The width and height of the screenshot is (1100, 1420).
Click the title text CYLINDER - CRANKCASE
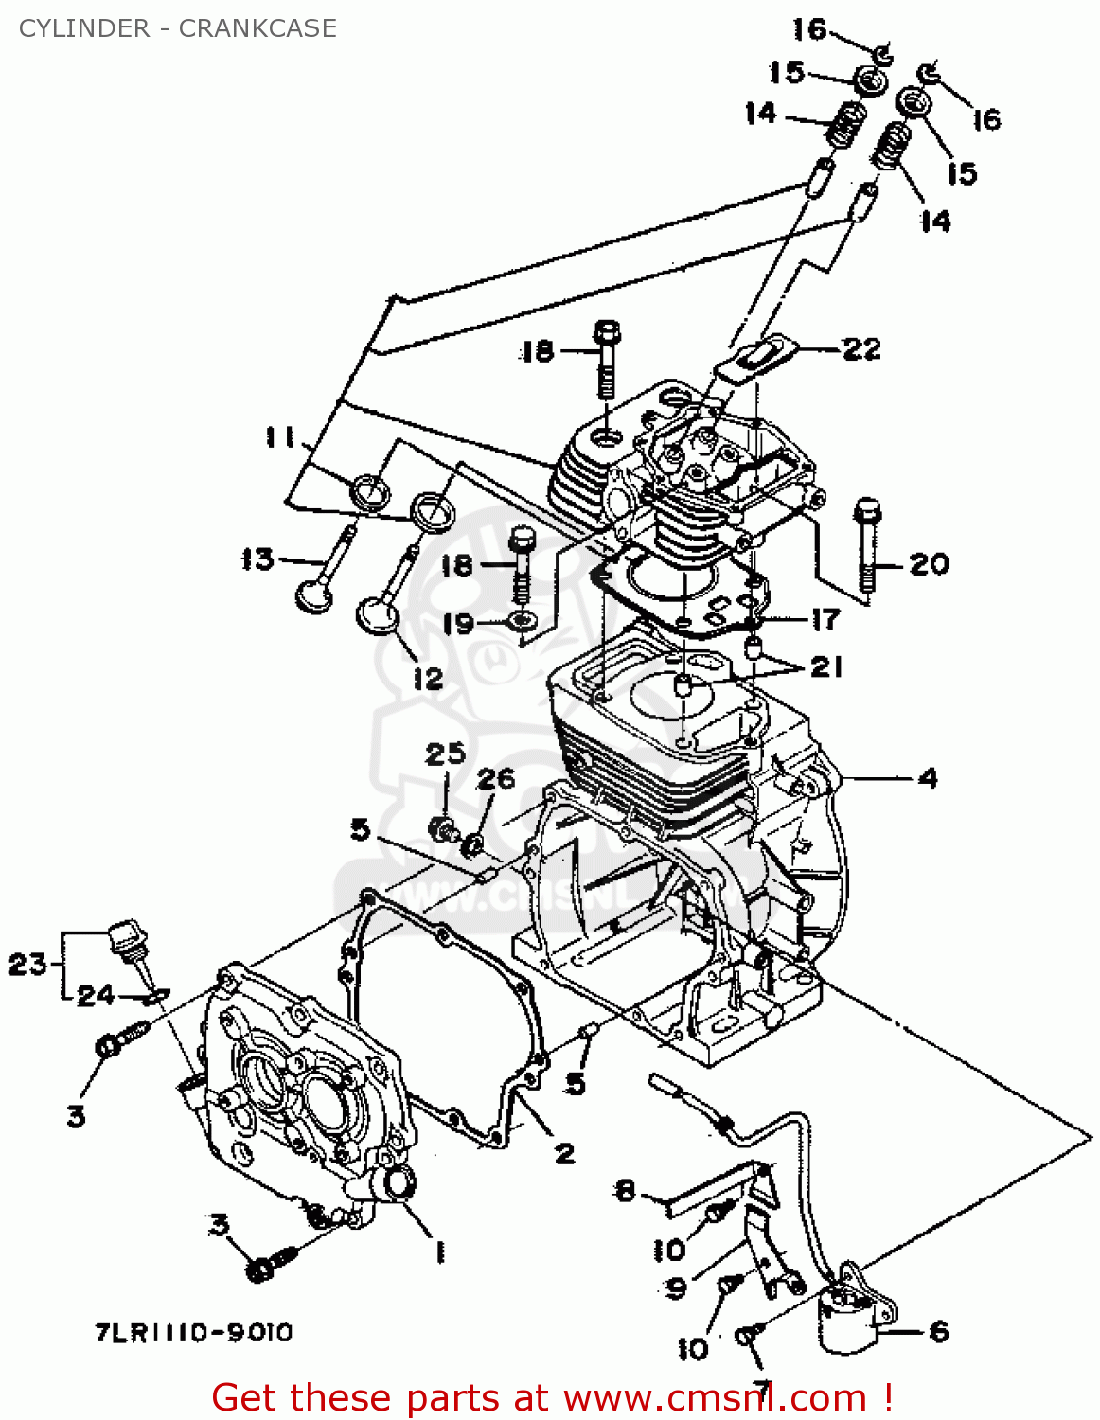(177, 28)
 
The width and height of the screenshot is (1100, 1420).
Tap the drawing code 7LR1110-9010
(193, 1333)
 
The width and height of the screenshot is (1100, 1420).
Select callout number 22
(860, 348)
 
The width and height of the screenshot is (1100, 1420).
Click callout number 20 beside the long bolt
(929, 564)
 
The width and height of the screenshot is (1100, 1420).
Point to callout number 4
(928, 778)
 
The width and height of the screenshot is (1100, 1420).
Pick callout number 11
(279, 437)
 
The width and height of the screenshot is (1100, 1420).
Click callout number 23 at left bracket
(27, 965)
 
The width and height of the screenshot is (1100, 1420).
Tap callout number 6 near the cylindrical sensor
(938, 1332)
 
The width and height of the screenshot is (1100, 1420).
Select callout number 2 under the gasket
(564, 1153)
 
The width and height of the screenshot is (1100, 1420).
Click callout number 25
(445, 754)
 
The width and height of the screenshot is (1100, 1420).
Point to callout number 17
(825, 619)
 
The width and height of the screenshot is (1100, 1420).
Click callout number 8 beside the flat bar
(625, 1190)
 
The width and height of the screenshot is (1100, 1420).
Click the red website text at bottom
(552, 1397)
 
